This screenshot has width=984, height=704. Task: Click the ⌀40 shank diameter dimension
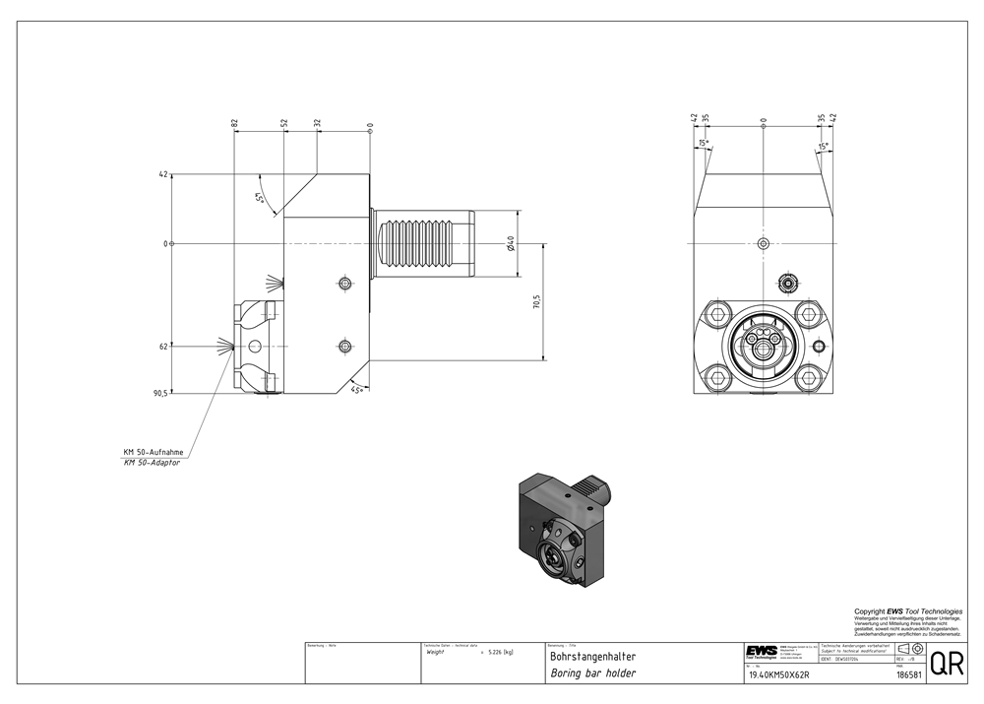(x=511, y=243)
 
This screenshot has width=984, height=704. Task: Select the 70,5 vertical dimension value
(x=536, y=301)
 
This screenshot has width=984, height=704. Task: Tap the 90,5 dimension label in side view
(x=159, y=393)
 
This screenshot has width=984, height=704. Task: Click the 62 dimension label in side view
(x=162, y=347)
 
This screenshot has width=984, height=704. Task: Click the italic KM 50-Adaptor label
(x=153, y=462)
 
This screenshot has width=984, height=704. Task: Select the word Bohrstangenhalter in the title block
(x=592, y=656)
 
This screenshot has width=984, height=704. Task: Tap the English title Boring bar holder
(x=592, y=673)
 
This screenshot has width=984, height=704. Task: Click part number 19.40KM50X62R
(x=778, y=674)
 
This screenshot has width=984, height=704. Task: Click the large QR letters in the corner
(x=947, y=664)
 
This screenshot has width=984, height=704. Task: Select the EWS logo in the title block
(x=761, y=652)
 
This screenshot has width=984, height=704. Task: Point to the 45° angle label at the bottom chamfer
(x=357, y=390)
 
